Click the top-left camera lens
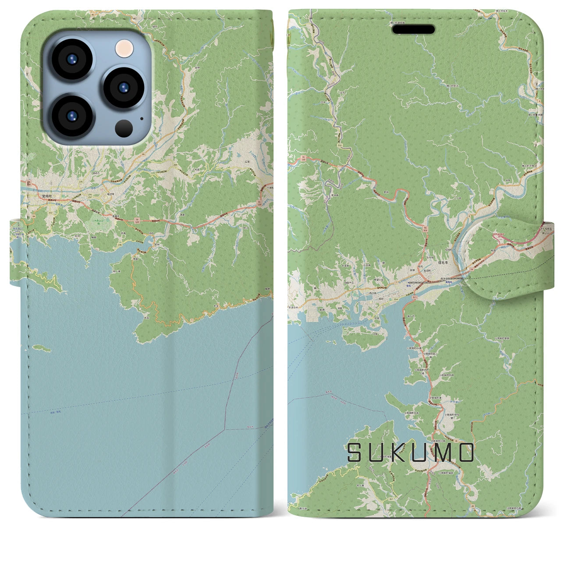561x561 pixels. pyautogui.click(x=72, y=59)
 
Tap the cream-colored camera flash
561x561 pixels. pyautogui.click(x=124, y=48)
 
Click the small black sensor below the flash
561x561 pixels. pyautogui.click(x=124, y=128)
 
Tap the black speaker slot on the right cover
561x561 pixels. pyautogui.click(x=413, y=30)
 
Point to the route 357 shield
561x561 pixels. pyautogui.click(x=379, y=499)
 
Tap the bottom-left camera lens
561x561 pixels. pyautogui.click(x=72, y=116)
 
